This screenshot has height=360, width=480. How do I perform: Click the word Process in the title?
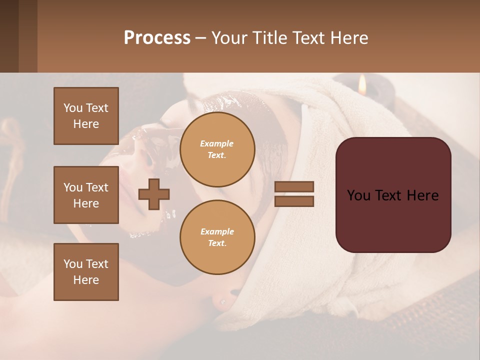[x=157, y=38]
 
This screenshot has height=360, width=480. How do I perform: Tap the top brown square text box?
[x=86, y=116]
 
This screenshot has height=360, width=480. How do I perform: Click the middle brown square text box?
[x=86, y=195]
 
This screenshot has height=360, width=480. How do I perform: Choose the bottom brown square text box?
[x=86, y=272]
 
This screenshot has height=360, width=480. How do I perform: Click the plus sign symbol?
[x=154, y=194]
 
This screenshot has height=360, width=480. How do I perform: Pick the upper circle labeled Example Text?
[x=217, y=149]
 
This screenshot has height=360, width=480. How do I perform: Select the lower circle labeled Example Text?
[x=217, y=237]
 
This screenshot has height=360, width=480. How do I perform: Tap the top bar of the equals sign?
[x=294, y=186]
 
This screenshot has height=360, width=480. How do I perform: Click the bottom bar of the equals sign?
[x=294, y=201]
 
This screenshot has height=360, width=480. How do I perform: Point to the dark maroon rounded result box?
[x=393, y=195]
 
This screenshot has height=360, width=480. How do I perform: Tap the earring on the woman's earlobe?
[x=222, y=301]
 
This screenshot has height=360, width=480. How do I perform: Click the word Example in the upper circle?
[x=217, y=143]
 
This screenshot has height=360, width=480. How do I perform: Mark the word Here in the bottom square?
[x=86, y=280]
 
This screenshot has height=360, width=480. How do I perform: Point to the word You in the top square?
[x=73, y=108]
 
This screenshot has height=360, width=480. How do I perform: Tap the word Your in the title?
[x=228, y=38]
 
